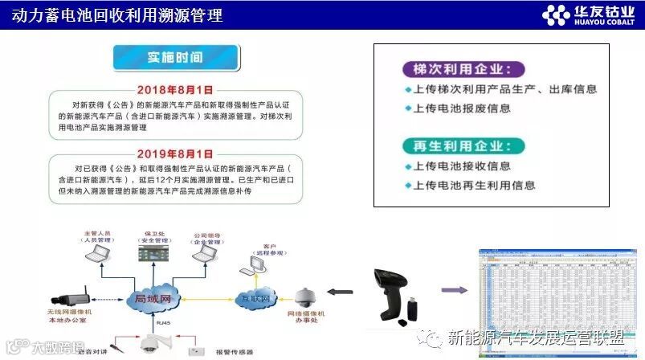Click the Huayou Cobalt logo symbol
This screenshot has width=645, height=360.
(x=555, y=15)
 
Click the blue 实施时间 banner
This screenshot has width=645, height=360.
(x=175, y=58)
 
